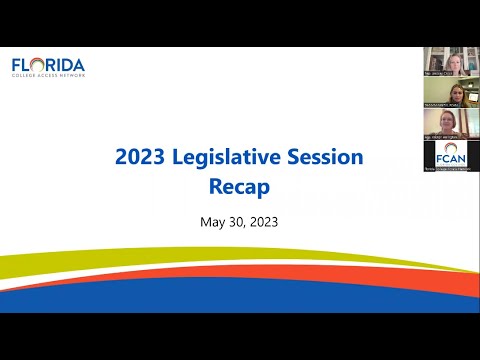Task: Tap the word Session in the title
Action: pos(325,157)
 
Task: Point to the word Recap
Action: pos(239,186)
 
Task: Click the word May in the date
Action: pos(214,221)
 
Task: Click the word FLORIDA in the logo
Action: pos(48,66)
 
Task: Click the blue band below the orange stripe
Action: pos(240,303)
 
